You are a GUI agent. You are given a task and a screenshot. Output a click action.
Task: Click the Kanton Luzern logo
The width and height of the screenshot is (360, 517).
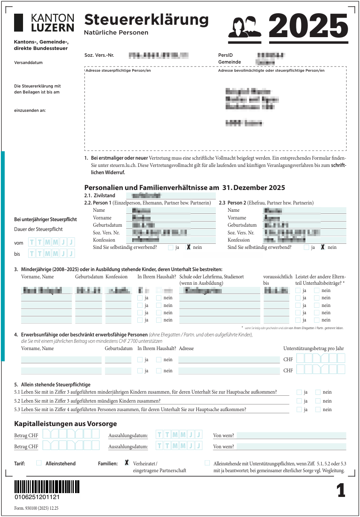coord(44,23)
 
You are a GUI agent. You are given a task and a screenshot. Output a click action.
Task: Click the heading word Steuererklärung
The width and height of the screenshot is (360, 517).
coord(146,20)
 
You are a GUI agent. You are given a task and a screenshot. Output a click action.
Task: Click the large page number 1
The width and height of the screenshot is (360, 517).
coord(341,491)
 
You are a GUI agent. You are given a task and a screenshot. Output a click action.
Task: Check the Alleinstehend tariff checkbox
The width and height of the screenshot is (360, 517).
coord(39,463)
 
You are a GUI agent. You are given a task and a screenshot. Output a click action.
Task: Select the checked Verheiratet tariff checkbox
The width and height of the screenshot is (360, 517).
coord(127,463)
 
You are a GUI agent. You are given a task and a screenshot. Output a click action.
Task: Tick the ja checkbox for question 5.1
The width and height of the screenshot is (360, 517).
coord(299,392)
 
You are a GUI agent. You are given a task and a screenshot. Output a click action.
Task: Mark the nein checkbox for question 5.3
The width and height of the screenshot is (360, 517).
coord(318,409)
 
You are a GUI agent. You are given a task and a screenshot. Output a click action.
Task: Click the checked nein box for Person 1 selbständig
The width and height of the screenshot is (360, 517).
coord(189,247)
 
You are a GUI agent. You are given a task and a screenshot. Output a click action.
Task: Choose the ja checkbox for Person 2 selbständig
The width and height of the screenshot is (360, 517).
coord(306,247)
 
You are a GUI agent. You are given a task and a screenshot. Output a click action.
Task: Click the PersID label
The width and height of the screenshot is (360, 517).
coord(225,55)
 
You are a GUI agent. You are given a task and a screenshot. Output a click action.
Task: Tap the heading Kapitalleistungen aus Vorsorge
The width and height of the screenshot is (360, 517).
coord(66,424)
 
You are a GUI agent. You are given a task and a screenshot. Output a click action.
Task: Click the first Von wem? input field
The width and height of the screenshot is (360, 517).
coord(291,435)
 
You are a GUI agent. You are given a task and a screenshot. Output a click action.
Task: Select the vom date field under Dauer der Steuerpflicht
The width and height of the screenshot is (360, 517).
coord(52,242)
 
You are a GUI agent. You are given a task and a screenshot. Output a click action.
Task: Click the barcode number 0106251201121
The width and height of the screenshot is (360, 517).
coord(37,497)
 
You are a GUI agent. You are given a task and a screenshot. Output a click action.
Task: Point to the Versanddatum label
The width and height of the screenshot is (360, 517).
coord(29,63)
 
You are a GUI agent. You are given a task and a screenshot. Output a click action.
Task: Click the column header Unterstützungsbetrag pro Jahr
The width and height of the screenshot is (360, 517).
coord(314,348)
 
